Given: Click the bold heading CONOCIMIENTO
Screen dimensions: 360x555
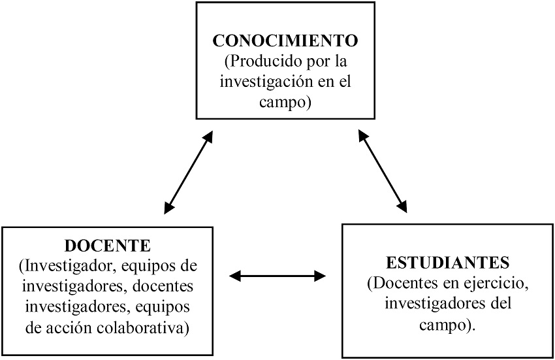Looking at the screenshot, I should (x=285, y=41).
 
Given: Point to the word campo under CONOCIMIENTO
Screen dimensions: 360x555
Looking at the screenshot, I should (x=285, y=103).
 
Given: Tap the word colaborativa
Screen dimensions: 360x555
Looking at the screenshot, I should (x=142, y=327).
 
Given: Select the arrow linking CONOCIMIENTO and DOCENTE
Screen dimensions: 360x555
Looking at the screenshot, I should (x=189, y=172).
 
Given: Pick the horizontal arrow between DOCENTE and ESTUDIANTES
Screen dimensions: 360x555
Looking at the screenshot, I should (x=277, y=276).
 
